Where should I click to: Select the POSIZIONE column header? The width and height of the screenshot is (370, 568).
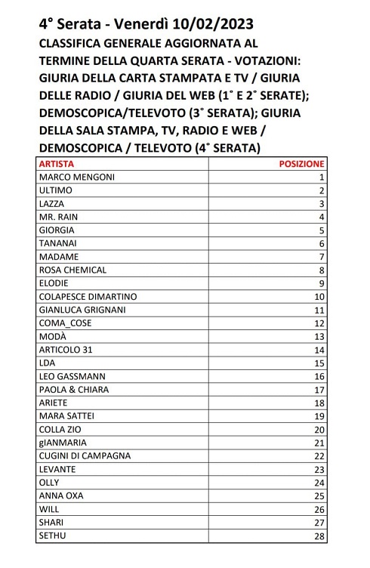click(x=301, y=162)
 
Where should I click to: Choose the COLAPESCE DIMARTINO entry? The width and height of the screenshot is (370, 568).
click(x=87, y=296)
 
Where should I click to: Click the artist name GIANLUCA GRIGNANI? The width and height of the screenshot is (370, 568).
click(x=82, y=310)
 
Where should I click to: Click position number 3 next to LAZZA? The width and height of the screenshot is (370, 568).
click(x=321, y=203)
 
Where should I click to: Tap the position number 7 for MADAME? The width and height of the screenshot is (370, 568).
click(x=321, y=256)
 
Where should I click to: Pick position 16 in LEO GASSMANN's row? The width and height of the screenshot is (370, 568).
click(x=319, y=376)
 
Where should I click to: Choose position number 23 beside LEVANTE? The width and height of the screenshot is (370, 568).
click(x=319, y=469)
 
